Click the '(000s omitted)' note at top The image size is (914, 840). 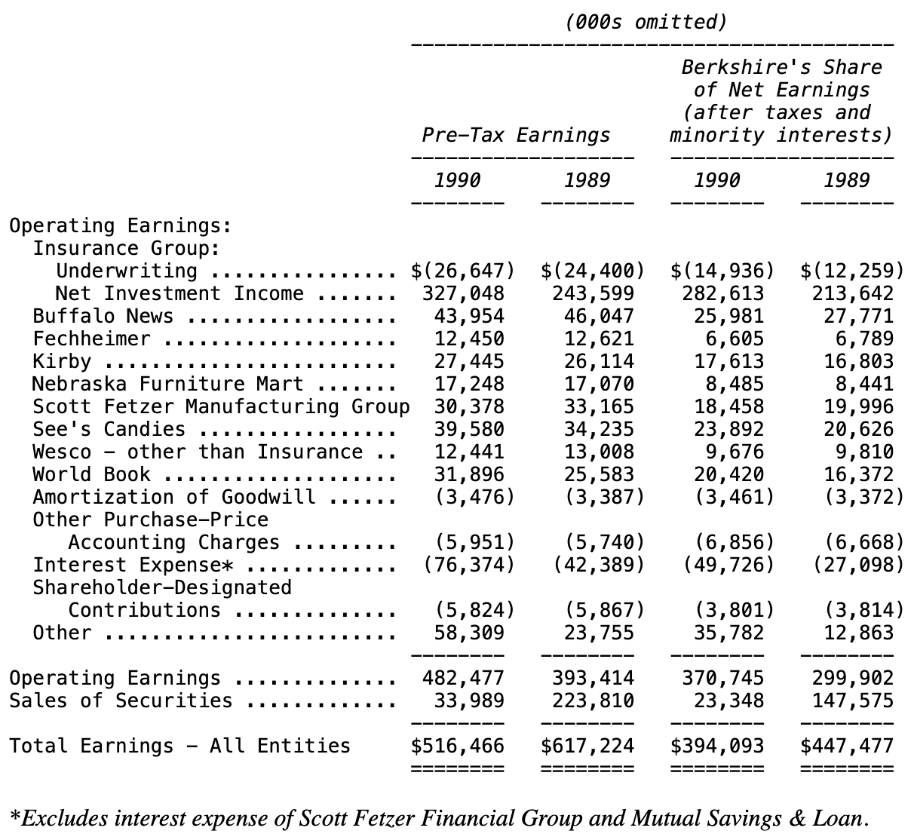646,22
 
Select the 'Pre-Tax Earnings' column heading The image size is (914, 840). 516,135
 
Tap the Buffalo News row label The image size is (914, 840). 103,316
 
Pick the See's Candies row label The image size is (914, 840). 109,429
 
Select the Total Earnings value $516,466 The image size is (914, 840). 458,746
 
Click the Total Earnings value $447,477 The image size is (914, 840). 847,746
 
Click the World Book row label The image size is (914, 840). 91,474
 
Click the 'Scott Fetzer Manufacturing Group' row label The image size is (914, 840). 221,406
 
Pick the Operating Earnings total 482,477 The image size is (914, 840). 463,678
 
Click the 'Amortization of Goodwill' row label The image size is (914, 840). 173,497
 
